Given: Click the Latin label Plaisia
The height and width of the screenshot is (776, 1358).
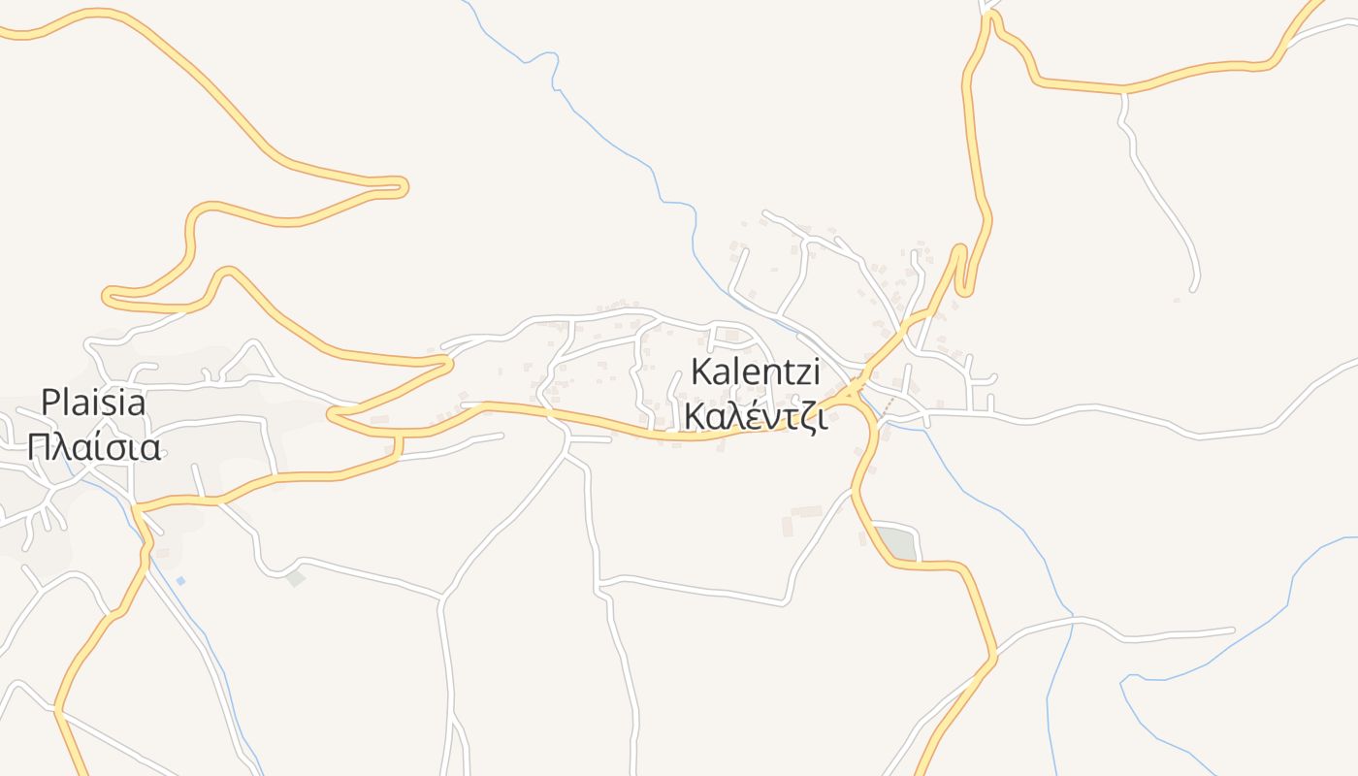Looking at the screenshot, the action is click(x=93, y=402).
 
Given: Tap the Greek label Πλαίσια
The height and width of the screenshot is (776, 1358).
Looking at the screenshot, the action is click(x=93, y=447).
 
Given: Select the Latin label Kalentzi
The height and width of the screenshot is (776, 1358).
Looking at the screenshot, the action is click(x=756, y=372).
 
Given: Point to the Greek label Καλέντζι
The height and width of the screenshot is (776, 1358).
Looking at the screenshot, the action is click(x=755, y=415).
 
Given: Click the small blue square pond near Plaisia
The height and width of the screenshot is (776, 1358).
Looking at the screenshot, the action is click(x=180, y=580).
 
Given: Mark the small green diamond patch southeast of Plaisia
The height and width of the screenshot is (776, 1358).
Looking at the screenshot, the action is click(x=296, y=578).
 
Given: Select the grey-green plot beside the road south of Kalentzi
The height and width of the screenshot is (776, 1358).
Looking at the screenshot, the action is click(x=897, y=544).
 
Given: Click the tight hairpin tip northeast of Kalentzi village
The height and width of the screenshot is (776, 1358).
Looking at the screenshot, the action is click(x=961, y=249).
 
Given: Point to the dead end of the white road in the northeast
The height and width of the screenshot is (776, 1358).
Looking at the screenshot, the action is click(x=1194, y=287).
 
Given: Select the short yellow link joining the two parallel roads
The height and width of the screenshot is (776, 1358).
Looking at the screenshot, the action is click(x=398, y=446).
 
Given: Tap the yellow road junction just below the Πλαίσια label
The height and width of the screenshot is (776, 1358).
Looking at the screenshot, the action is click(x=137, y=506).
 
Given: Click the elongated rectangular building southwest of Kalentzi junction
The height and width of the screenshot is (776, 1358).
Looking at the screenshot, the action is click(x=806, y=511).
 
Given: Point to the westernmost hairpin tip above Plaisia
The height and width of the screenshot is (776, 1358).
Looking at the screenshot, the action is click(x=107, y=294).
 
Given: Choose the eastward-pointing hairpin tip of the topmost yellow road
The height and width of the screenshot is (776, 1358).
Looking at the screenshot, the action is click(x=403, y=186).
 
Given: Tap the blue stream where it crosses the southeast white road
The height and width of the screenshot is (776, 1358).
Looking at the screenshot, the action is click(x=1073, y=620).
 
